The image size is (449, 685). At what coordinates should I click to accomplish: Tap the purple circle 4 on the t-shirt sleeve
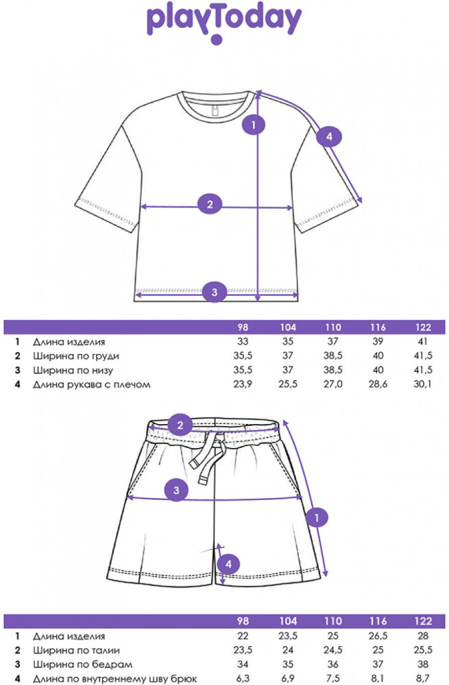[329, 138]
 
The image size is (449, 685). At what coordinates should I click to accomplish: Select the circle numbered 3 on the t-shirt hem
[215, 292]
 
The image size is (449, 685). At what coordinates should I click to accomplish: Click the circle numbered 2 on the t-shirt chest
[210, 203]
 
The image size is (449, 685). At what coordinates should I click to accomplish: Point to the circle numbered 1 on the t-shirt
[254, 125]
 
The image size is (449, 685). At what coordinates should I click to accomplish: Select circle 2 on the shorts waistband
[180, 425]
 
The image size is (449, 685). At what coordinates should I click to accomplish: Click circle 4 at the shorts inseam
[229, 564]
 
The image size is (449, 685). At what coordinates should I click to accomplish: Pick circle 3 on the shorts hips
[177, 490]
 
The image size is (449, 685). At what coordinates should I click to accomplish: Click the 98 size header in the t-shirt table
[243, 327]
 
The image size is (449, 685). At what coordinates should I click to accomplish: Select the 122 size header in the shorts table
[424, 621]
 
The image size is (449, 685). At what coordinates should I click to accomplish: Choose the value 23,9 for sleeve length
[243, 384]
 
